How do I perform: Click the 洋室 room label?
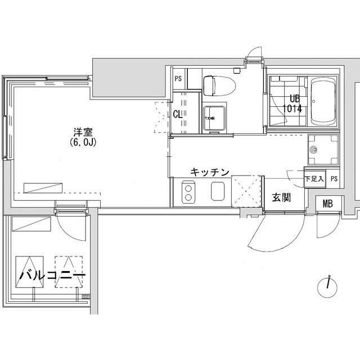point(83,133)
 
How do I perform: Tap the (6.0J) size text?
point(83,143)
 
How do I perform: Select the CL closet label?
point(178,114)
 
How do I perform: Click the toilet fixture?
point(219,85)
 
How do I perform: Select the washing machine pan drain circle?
point(313,150)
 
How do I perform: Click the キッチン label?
point(210,172)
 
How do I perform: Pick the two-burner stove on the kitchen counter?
point(188,192)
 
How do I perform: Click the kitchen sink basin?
point(218,191)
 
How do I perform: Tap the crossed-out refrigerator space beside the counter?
point(246,191)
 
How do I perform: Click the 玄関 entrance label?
point(281,197)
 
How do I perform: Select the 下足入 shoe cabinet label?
point(314,179)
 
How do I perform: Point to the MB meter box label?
point(327,204)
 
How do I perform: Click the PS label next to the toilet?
point(178,79)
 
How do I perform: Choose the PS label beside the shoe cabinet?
point(334,179)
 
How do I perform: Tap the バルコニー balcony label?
point(52,275)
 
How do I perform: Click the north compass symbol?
point(327,288)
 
